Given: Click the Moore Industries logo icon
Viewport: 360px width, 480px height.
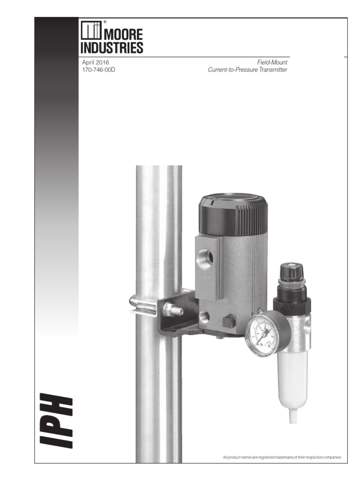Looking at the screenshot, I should coord(89,31).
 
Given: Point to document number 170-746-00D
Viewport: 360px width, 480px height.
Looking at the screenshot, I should coord(98,70).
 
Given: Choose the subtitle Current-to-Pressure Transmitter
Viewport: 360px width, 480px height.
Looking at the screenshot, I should coord(247,70).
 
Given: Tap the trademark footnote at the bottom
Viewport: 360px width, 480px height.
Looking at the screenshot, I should coord(283,457).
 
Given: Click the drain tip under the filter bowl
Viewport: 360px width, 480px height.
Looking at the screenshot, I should coord(293,417).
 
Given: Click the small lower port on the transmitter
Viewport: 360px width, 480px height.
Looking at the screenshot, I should coord(204,316).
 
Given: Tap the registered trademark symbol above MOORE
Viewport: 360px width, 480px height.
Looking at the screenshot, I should coord(105,22).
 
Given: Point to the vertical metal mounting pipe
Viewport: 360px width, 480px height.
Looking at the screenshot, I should coord(158,375).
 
